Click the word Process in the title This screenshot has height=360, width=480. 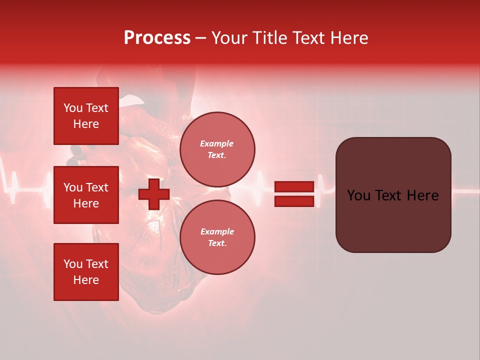[x=157, y=38]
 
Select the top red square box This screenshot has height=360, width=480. [x=86, y=116]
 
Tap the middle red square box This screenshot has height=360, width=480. [x=86, y=195]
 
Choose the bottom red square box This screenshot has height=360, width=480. [x=86, y=272]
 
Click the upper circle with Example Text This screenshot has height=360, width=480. [x=217, y=149]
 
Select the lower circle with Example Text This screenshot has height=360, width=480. [x=217, y=237]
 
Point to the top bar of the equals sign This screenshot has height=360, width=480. [x=294, y=187]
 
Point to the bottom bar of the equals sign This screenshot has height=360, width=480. [x=294, y=201]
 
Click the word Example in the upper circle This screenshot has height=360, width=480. [x=216, y=143]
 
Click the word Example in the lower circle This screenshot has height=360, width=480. [x=216, y=231]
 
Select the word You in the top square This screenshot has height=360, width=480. [x=73, y=108]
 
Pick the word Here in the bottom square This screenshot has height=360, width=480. [x=86, y=280]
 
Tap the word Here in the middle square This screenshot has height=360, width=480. [x=86, y=203]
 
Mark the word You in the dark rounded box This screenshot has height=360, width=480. [x=359, y=195]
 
